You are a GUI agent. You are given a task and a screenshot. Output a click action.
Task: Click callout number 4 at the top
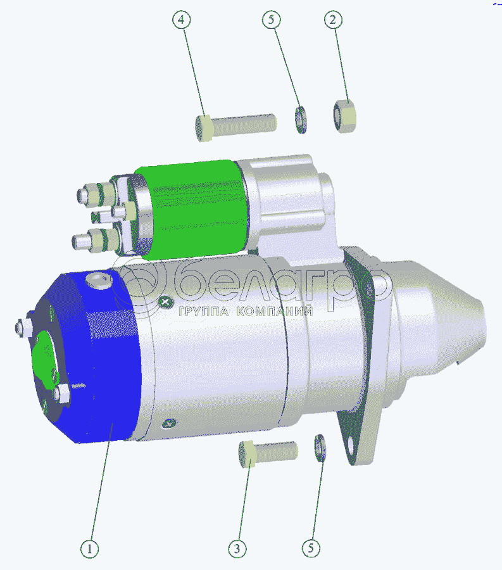tap(181, 20)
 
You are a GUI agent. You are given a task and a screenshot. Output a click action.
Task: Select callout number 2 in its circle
tap(333, 19)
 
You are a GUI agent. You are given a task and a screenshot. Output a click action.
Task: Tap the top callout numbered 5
tap(272, 19)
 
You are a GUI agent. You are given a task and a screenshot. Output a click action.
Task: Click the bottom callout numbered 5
tap(311, 548)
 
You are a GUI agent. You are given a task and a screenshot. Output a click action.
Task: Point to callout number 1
tap(90, 548)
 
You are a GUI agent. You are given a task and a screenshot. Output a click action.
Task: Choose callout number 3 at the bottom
tap(237, 548)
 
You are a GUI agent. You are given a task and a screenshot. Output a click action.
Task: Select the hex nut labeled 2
tap(345, 117)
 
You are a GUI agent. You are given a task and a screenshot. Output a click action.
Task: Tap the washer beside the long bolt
tap(301, 120)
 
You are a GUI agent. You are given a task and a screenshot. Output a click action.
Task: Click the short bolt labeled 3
tap(268, 453)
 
